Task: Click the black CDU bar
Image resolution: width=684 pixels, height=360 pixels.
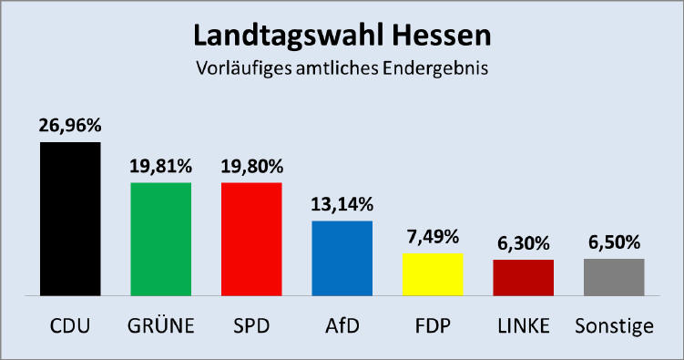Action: [x=70, y=219]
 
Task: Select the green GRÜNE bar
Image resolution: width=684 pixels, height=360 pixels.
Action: [x=160, y=239]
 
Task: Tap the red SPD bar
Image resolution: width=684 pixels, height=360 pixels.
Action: [x=251, y=239]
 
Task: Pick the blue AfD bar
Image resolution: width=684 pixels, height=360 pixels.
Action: [x=342, y=258]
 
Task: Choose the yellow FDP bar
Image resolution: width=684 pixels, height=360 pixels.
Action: [x=433, y=274]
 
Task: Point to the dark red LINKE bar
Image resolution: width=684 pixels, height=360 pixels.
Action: [x=523, y=277]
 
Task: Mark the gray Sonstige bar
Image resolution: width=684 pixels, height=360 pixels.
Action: [x=614, y=277]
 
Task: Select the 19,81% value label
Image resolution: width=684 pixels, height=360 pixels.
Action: [x=160, y=166]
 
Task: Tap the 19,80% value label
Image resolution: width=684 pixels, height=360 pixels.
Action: [x=251, y=166]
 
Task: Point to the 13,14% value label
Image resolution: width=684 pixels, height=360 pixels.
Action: [x=342, y=204]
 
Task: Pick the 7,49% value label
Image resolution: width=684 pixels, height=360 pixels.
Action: [x=433, y=237]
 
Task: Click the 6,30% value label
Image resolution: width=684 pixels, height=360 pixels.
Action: [x=523, y=243]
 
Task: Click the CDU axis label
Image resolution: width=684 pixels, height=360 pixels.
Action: [x=70, y=325]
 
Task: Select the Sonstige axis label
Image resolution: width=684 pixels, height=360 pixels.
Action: [x=614, y=325]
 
